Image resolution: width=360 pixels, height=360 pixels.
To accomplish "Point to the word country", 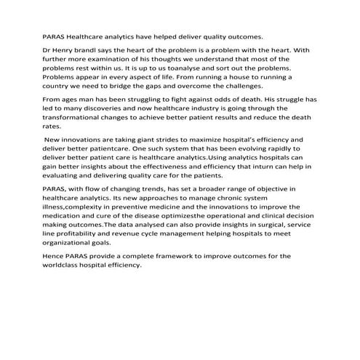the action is click(x=59, y=85).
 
